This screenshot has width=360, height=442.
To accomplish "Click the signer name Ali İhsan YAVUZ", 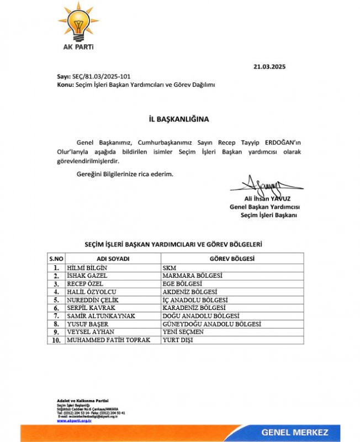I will pos(267,198).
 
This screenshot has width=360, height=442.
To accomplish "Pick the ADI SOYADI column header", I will pos(113,259).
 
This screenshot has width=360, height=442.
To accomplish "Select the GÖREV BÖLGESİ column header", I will pos(232,259).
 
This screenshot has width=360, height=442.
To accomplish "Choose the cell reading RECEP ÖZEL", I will pos(84,283).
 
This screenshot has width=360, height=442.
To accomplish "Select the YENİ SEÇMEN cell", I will pos(183,332).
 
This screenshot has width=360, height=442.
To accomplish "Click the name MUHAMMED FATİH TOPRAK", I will pos(108,340).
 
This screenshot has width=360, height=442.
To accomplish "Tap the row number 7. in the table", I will pos(56,316).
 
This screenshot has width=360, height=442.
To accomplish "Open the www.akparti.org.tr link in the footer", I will pos(73,420).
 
